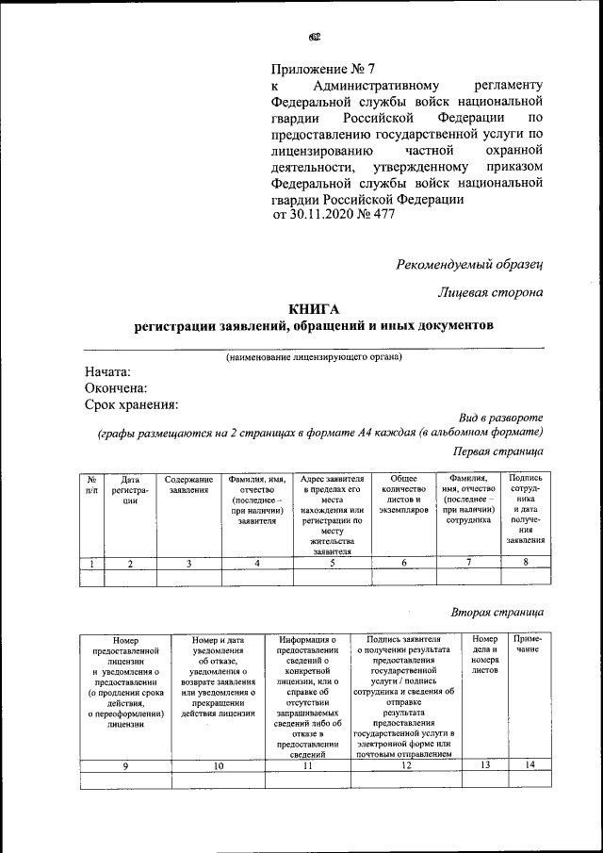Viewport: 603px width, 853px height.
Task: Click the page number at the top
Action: point(314,38)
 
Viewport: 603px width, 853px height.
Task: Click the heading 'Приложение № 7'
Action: point(322,69)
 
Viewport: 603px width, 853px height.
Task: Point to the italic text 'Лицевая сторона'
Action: point(491,293)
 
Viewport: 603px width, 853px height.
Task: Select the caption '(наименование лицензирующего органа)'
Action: point(313,357)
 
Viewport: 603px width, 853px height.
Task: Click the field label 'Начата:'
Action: point(106,372)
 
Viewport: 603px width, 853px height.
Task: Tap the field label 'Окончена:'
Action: point(115,388)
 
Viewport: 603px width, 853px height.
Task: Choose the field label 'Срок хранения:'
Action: point(131,404)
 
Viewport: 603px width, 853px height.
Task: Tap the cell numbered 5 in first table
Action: point(334,563)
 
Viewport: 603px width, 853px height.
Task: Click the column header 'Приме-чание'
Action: point(526,645)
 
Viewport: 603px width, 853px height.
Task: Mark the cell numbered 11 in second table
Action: point(307,765)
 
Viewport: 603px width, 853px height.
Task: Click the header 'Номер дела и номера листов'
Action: point(484,651)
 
